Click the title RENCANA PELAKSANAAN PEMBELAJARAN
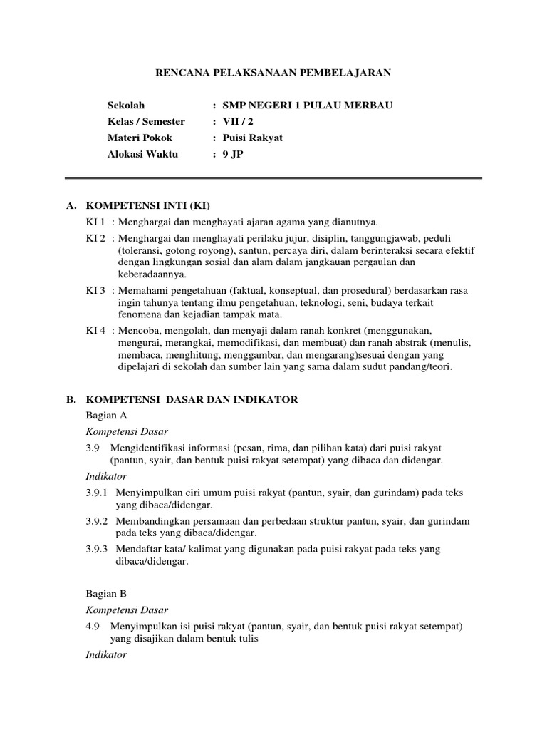tap(273, 73)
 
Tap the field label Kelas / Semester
tap(145, 122)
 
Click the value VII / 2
tap(237, 122)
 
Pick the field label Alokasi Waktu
tap(142, 154)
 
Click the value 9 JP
tap(232, 154)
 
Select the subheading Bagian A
tap(106, 415)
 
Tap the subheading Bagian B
tap(106, 593)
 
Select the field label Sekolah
tap(125, 106)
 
